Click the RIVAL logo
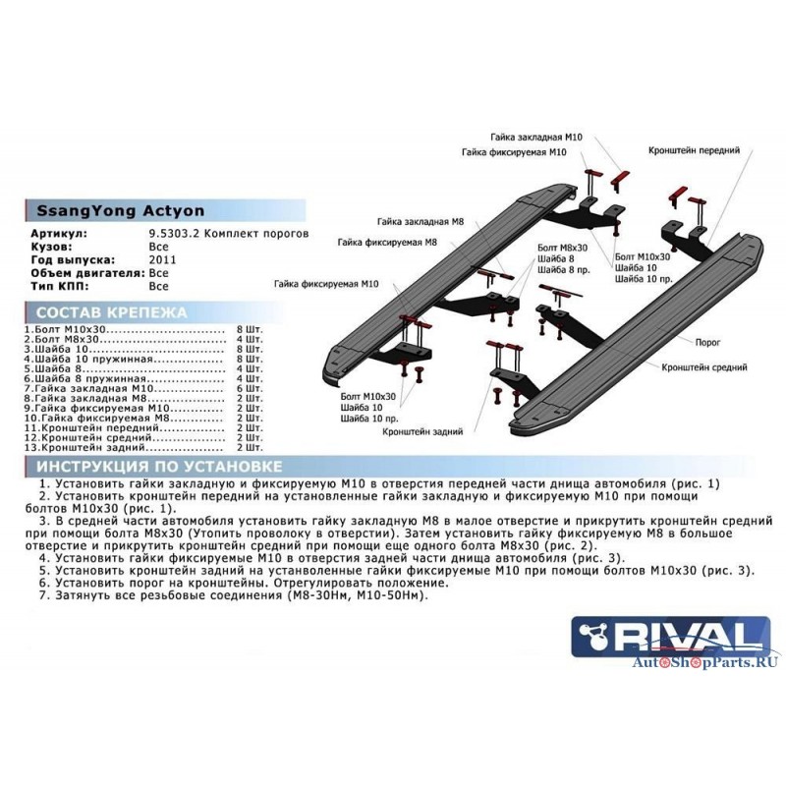[671, 636]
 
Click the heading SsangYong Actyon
[120, 210]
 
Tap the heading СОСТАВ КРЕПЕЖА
[111, 312]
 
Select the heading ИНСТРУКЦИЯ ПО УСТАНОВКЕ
[159, 466]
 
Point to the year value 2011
[162, 259]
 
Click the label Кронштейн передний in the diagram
[694, 150]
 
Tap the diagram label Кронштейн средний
[703, 367]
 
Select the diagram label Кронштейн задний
[422, 431]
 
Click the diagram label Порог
[707, 342]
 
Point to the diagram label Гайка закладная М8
[421, 222]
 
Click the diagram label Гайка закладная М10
[536, 138]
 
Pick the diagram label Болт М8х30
[562, 248]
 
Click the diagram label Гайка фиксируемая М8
[387, 243]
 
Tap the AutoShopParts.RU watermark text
[704, 662]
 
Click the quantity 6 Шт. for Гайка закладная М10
[250, 388]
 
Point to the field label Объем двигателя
[87, 273]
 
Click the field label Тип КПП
[59, 286]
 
